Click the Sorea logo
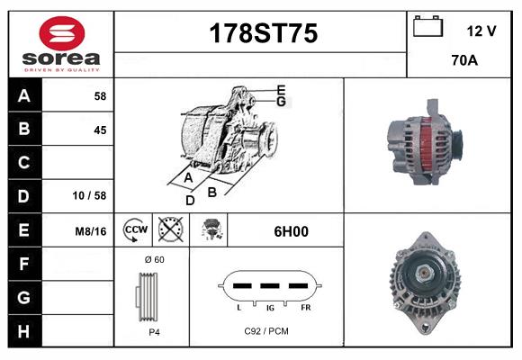(x=60, y=44)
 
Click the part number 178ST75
(x=263, y=33)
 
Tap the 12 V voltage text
(x=481, y=31)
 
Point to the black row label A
(x=24, y=96)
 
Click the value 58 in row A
(x=100, y=96)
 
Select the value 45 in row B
(x=100, y=130)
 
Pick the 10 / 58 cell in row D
(x=91, y=195)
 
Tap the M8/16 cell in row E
(x=91, y=231)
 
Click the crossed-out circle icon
(x=170, y=230)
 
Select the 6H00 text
(x=291, y=231)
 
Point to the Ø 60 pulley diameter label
(x=154, y=260)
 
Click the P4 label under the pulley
(x=154, y=331)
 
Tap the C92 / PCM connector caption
(x=266, y=331)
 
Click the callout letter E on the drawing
(x=281, y=89)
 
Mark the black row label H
(x=24, y=330)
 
